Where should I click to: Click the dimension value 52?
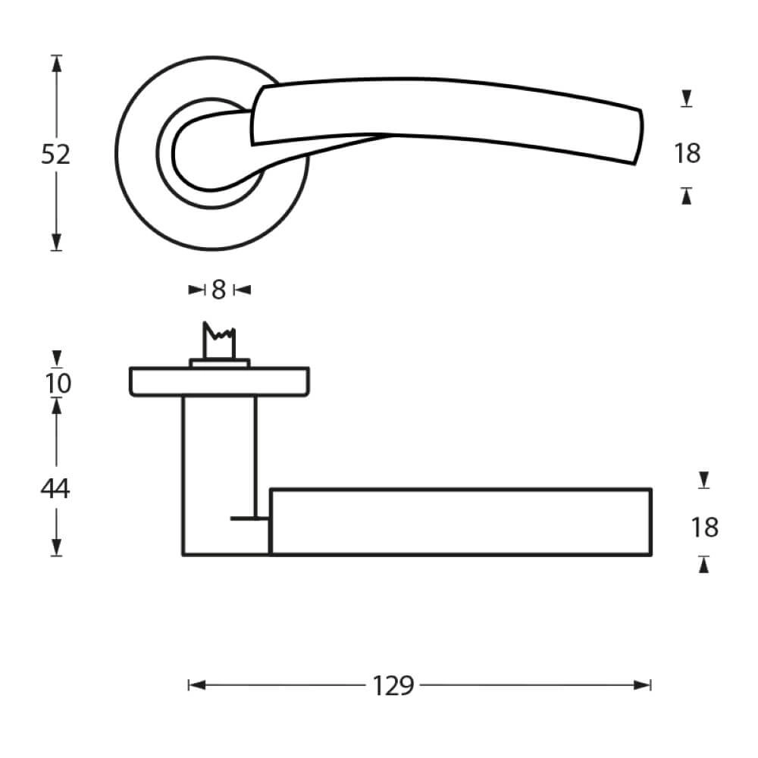click(x=55, y=154)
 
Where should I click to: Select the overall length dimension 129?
click(x=393, y=685)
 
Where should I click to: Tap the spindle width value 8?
click(x=219, y=289)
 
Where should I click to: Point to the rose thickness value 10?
click(x=58, y=384)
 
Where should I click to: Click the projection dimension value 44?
click(x=55, y=489)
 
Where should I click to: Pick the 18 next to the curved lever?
click(x=687, y=154)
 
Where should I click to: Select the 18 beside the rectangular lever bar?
click(x=704, y=527)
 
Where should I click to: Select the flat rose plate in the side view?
click(x=219, y=381)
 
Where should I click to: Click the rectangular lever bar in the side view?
click(x=461, y=522)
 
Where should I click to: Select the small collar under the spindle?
click(x=219, y=363)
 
